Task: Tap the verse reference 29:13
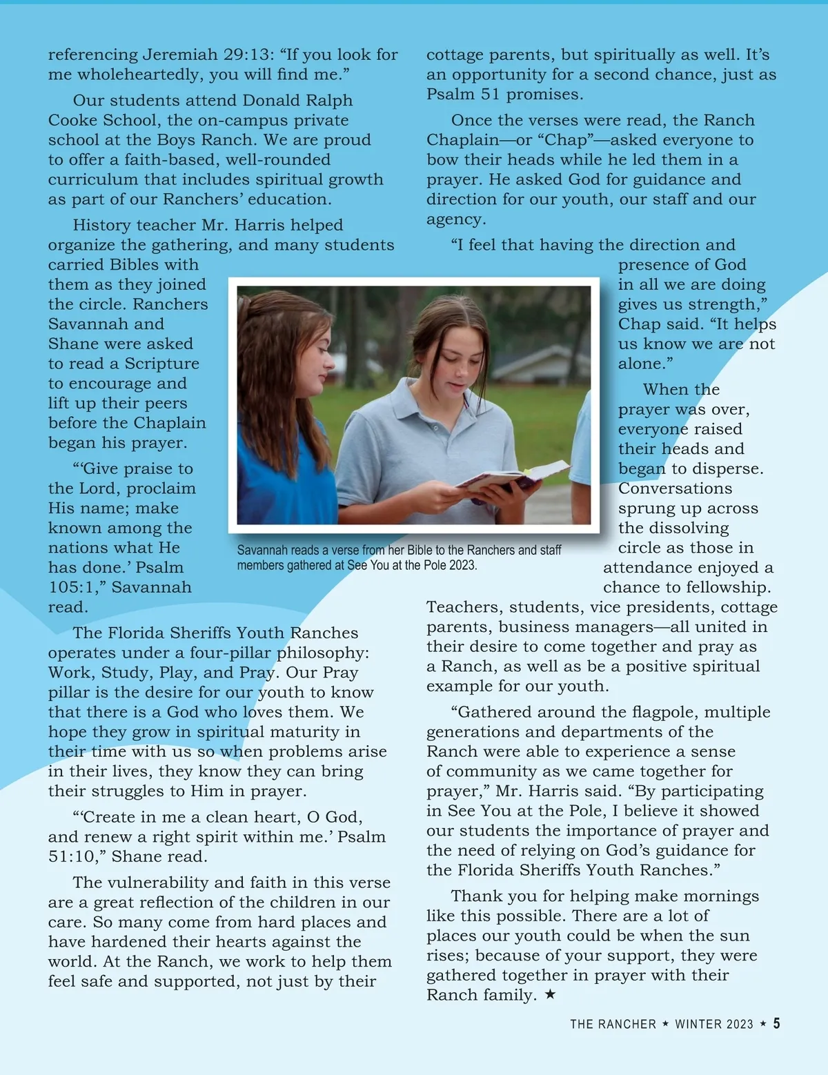[x=250, y=55]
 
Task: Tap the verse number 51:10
[x=74, y=857]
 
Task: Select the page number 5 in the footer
[x=777, y=1024]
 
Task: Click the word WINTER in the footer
[x=714, y=1025]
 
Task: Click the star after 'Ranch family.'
[x=550, y=995]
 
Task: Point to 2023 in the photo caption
[x=462, y=566]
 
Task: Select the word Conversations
[x=675, y=489]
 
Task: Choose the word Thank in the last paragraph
[x=475, y=896]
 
